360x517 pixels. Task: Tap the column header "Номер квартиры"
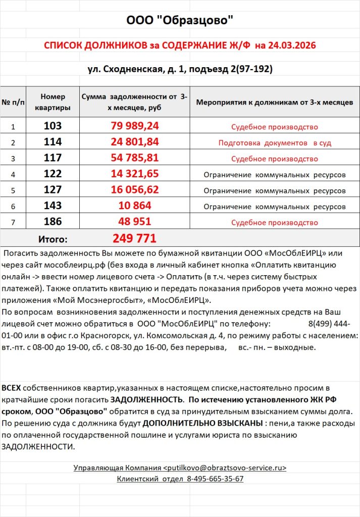[x=53, y=102]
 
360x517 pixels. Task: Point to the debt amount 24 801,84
[x=135, y=142]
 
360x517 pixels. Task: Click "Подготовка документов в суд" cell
[x=275, y=143]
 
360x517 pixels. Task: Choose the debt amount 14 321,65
[x=135, y=175]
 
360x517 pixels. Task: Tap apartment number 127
[x=53, y=190]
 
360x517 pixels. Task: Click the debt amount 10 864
[x=135, y=206]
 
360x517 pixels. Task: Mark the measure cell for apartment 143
[x=275, y=206]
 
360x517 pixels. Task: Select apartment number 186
[x=53, y=222]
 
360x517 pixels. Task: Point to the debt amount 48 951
[x=135, y=222]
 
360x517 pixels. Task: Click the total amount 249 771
[x=135, y=238]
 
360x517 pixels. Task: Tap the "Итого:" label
[x=53, y=239]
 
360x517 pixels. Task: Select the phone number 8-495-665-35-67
[x=215, y=479]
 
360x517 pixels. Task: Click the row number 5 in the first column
[x=14, y=191]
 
